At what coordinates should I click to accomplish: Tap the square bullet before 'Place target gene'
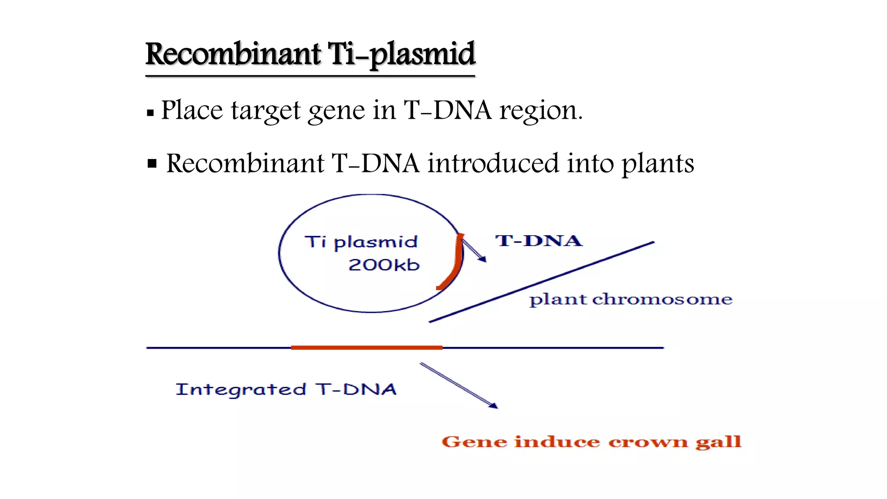(x=150, y=113)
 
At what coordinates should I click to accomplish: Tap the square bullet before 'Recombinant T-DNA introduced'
(x=152, y=164)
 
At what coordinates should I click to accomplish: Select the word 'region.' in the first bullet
(x=541, y=110)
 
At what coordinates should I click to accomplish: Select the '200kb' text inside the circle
(x=384, y=265)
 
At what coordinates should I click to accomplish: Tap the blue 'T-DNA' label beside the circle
(x=538, y=241)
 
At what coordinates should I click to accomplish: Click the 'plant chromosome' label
(x=631, y=299)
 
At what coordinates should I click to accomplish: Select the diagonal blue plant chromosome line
(x=541, y=282)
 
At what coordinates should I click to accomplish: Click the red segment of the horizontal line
(x=366, y=347)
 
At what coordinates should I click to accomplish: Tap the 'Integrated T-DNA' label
(x=286, y=389)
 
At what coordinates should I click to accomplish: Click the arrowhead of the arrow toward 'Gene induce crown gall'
(x=493, y=406)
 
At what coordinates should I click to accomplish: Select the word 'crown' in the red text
(x=647, y=442)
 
